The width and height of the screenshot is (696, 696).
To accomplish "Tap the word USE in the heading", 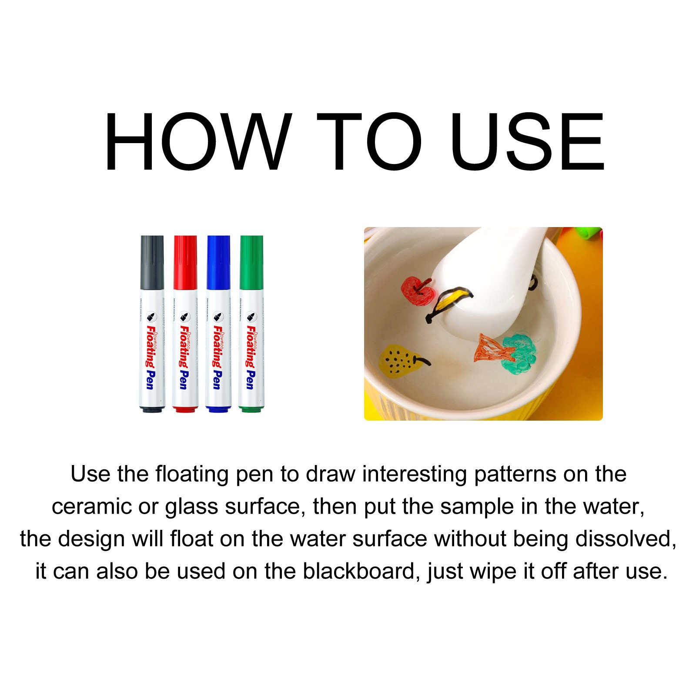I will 527,142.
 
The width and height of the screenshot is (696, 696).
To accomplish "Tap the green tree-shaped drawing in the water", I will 520,352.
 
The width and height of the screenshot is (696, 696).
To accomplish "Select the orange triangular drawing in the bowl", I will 489,348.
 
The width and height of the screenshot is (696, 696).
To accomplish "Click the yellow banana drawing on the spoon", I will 452,300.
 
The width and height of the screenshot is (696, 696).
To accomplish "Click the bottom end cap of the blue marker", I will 218,409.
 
